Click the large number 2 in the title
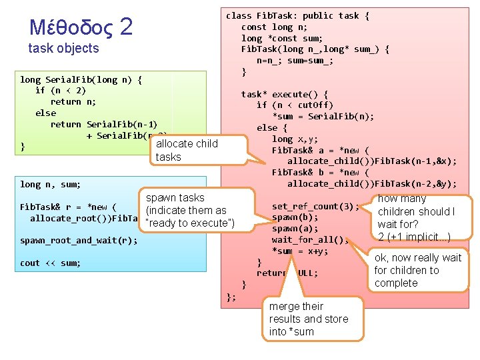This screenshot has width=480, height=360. point(126,26)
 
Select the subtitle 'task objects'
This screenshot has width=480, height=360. point(63,48)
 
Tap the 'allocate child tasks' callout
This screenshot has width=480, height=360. point(186,150)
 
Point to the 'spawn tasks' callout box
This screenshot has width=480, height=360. point(190,210)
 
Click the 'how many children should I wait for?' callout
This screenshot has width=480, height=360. point(416,217)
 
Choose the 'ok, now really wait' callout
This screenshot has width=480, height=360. point(417,270)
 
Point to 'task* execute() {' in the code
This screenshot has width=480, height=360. point(285,94)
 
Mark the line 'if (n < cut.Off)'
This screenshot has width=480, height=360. point(295,105)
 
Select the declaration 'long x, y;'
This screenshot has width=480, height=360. point(295,139)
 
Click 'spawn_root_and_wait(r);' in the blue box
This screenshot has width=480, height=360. point(79,240)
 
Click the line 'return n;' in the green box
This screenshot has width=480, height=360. point(73,102)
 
